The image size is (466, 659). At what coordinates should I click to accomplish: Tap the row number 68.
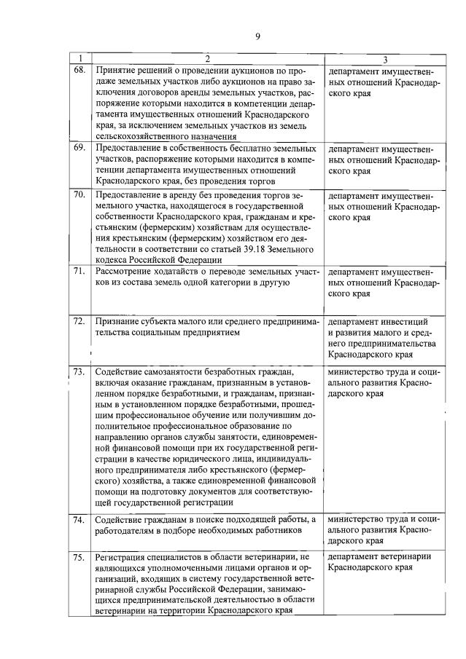pyautogui.click(x=79, y=71)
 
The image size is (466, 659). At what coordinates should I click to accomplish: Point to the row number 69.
pyautogui.click(x=79, y=147)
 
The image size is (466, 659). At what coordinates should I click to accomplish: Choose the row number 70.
pyautogui.click(x=79, y=195)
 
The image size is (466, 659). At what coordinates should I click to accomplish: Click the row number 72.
pyautogui.click(x=79, y=320)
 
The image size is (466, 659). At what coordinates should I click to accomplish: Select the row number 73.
pyautogui.click(x=79, y=372)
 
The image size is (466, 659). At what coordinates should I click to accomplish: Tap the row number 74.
pyautogui.click(x=79, y=519)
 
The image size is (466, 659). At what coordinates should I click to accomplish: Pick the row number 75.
pyautogui.click(x=79, y=558)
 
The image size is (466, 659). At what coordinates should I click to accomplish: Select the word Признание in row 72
pyautogui.click(x=115, y=320)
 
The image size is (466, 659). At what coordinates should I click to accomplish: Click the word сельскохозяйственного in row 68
pyautogui.click(x=140, y=135)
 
